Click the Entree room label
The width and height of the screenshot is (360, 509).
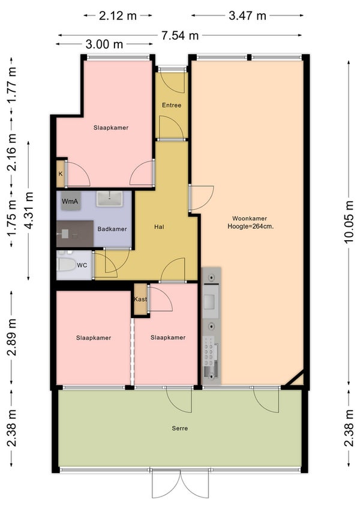pos(172,105)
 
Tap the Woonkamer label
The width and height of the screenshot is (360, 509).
pos(250,218)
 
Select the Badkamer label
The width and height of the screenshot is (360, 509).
pos(112,229)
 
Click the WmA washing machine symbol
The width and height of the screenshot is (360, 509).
pos(70,201)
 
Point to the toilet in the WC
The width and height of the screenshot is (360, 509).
pos(66,264)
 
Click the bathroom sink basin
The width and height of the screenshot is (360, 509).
pos(110,199)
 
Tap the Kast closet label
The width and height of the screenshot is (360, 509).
pos(140,299)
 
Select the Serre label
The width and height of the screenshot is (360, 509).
pos(180,428)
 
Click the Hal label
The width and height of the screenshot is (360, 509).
pos(159,227)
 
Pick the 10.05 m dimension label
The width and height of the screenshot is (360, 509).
pos(349,222)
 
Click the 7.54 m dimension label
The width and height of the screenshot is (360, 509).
pos(180,35)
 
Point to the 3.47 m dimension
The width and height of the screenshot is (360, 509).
pos(247,15)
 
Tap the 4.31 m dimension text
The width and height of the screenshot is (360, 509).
pos(29,211)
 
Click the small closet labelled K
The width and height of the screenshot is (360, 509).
pos(61,173)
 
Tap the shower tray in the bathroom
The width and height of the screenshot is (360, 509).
pos(75,233)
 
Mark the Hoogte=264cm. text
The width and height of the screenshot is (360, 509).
pos(250,226)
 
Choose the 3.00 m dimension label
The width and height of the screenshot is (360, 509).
pos(104,44)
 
